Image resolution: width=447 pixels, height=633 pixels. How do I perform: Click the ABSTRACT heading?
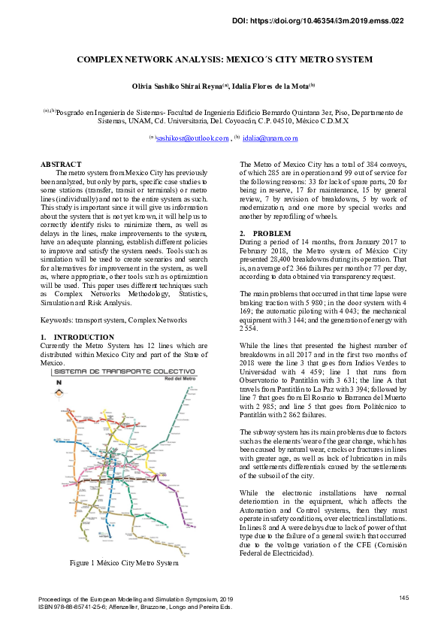pyautogui.click(x=60, y=164)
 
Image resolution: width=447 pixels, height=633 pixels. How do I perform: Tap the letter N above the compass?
pyautogui.click(x=59, y=383)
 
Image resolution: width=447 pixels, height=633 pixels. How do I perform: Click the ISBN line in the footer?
pyautogui.click(x=135, y=606)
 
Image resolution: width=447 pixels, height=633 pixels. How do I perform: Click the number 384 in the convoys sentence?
pyautogui.click(x=356, y=164)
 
